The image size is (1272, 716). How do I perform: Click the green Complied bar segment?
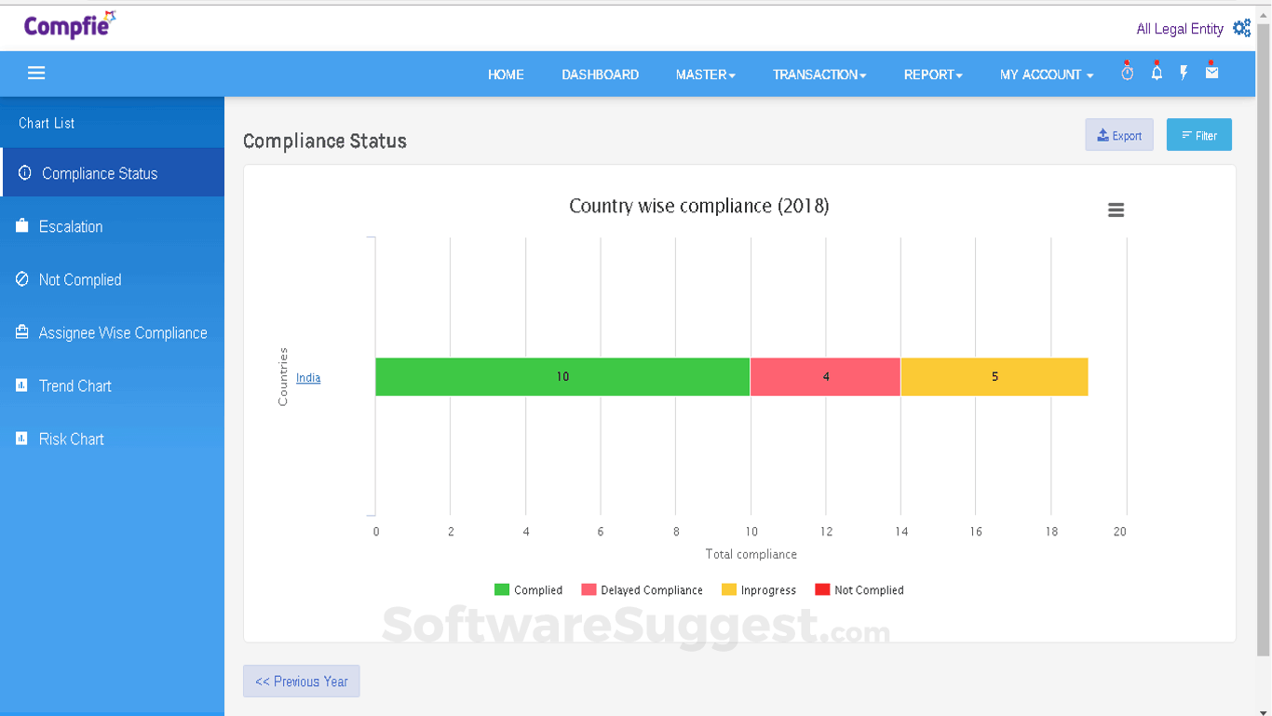562,377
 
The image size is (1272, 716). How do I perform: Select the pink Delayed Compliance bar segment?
825,377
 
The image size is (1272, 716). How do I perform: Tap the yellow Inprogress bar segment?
995,377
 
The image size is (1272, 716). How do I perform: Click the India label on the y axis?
308,378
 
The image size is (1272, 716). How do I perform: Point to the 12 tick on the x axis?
826,532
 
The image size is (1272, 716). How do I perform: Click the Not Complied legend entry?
859,590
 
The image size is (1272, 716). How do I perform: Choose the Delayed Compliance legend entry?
643,590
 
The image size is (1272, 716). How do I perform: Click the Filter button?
1198,135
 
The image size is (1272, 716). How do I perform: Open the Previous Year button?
301,682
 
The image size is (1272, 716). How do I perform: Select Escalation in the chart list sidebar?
71,226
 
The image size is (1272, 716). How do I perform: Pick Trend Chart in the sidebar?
74,385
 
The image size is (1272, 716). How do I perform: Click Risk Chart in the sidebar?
71,439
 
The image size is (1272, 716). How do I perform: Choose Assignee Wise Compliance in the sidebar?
122,332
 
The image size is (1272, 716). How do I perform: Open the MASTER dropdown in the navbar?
705,74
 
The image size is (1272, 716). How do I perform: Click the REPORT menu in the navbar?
932,74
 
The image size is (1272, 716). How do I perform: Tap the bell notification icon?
1157,73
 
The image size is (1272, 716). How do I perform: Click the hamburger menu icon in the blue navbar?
36,74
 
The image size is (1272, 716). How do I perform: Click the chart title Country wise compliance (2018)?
698,206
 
